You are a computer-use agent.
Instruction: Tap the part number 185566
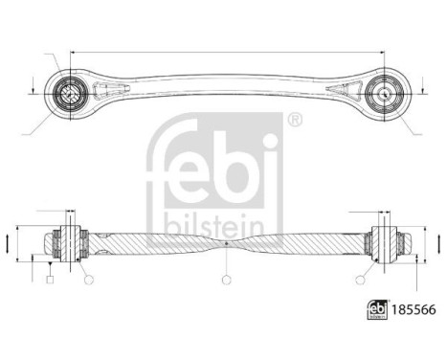[408, 337]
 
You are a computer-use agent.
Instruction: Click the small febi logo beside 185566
[375, 337]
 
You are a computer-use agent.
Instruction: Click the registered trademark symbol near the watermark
[294, 121]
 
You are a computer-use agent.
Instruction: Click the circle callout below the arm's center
[226, 281]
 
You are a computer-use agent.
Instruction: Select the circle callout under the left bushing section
[87, 280]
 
